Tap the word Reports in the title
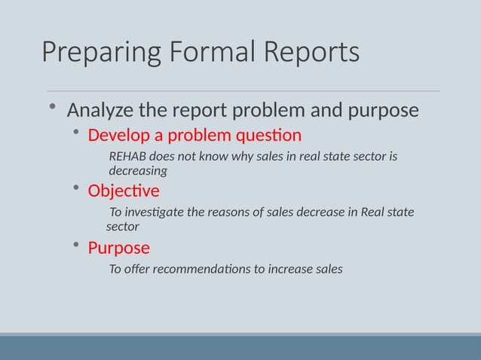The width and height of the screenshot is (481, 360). (311, 53)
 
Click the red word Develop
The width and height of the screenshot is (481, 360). (118, 136)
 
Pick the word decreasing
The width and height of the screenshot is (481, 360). (138, 171)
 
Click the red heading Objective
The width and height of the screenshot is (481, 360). (124, 191)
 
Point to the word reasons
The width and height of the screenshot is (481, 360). (232, 212)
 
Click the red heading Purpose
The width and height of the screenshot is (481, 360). (119, 248)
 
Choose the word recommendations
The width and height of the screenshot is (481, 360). (203, 269)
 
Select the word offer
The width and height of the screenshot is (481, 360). (138, 269)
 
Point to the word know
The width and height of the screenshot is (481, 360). (213, 157)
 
